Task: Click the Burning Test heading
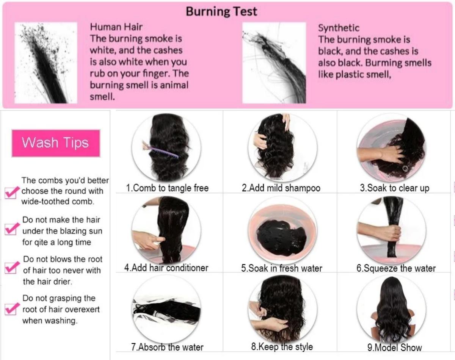pos(221,11)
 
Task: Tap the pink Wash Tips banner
pos(56,143)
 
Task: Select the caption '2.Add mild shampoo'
pos(281,188)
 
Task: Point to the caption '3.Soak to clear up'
pos(394,188)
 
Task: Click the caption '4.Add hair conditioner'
pos(166,268)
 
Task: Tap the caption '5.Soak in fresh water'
pos(281,268)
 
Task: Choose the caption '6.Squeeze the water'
pos(396,268)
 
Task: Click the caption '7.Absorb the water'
pos(167,347)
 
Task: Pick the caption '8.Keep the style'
pos(282,346)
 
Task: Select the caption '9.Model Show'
pos(394,347)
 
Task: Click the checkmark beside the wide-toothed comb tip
pos(11,192)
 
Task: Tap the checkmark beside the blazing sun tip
pos(11,229)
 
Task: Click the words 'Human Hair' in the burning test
pos(116,27)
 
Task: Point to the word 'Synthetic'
pos(339,28)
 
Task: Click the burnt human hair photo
pos(46,63)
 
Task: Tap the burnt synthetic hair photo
pos(274,63)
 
